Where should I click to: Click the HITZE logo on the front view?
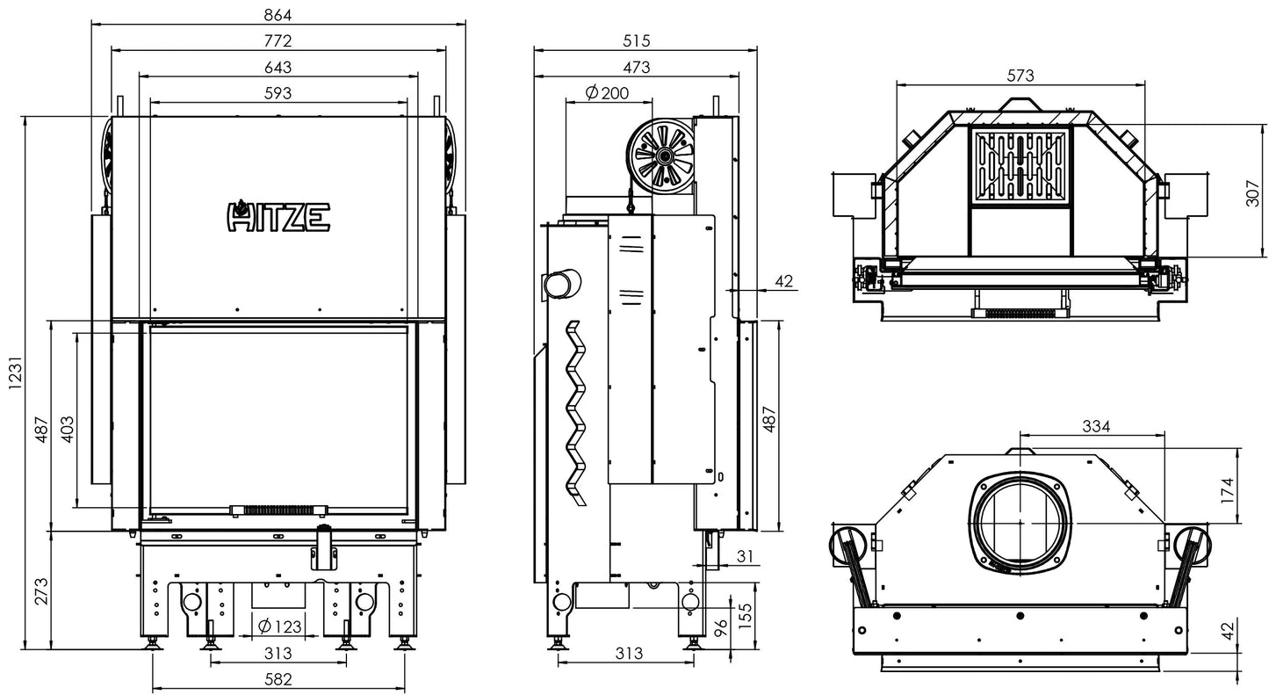[x=278, y=215]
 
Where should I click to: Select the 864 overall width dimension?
[x=278, y=15]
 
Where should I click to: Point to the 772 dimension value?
[x=278, y=40]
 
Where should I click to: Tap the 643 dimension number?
[x=278, y=67]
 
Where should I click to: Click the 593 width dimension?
[x=278, y=92]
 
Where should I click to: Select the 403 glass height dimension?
[x=68, y=427]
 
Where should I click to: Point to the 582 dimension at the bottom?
[x=278, y=678]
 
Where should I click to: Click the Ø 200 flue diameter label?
[x=606, y=92]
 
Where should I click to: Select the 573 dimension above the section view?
[x=1020, y=76]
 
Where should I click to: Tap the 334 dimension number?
[x=1095, y=426]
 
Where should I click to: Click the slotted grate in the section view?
[x=1020, y=164]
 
